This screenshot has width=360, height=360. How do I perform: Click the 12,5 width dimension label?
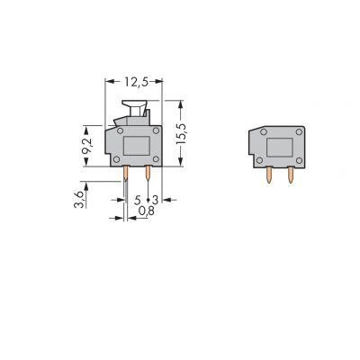tap(137, 82)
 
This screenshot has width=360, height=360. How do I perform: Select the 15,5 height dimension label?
tap(181, 133)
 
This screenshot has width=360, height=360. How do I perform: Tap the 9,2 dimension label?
tap(87, 146)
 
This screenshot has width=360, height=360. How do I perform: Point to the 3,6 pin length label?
tap(79, 200)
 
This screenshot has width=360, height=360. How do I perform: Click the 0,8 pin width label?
tap(146, 211)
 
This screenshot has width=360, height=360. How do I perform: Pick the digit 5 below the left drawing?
tap(138, 200)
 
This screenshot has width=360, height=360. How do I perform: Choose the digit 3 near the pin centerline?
tap(155, 200)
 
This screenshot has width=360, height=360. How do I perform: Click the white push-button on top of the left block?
tap(134, 108)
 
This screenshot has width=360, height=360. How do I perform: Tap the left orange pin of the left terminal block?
tap(126, 174)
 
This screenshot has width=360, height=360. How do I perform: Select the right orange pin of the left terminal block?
tap(148, 173)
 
